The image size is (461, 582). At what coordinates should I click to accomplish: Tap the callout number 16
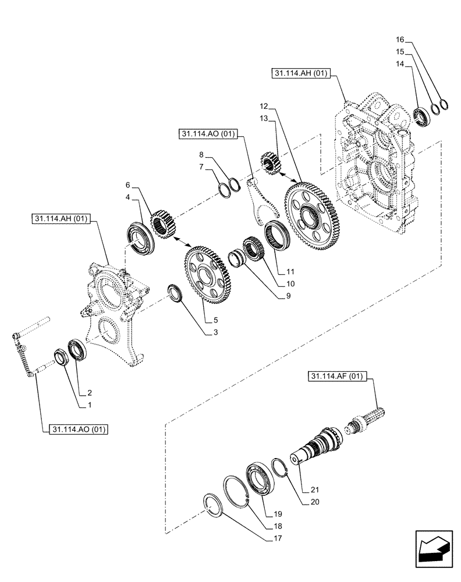tap(399, 40)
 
